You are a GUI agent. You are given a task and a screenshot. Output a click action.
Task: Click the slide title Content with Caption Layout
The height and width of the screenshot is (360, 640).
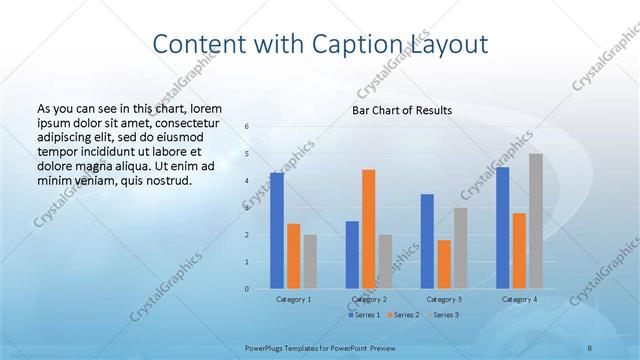320,44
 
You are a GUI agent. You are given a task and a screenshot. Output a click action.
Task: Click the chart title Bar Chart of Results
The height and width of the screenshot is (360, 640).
402,110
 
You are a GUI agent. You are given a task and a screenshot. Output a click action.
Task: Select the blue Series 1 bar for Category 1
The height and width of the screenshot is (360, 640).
276,231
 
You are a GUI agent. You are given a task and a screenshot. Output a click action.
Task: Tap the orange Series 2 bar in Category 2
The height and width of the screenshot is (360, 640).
368,229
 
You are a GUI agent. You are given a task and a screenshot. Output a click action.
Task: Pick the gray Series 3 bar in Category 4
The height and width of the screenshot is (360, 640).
536,221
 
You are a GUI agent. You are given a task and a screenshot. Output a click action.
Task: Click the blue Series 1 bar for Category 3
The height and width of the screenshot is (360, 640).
427,241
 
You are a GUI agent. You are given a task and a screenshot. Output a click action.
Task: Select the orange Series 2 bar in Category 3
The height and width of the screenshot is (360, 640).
444,264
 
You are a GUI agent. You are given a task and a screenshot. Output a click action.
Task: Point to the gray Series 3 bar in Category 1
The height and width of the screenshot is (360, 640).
310,261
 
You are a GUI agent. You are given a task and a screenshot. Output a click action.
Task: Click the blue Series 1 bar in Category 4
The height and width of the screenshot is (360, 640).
502,228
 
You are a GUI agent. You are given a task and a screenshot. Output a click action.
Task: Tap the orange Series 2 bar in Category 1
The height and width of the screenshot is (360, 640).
293,256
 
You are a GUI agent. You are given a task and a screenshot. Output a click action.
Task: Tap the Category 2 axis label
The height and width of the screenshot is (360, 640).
368,299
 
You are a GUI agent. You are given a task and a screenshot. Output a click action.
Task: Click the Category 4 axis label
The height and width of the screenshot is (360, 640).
519,299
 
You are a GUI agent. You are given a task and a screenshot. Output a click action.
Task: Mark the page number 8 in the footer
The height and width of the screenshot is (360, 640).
590,347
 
